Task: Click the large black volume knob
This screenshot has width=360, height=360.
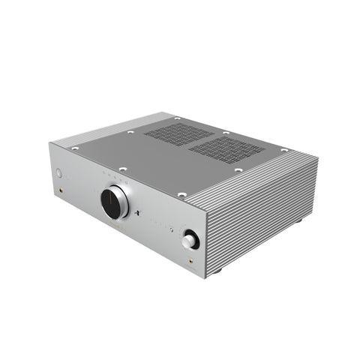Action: pos(115,201)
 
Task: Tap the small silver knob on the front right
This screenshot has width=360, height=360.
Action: pos(189,241)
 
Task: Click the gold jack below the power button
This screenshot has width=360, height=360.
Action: pos(61,193)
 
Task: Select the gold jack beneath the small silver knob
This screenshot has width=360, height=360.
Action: pos(190,262)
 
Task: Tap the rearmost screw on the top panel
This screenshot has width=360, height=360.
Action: pos(177,118)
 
